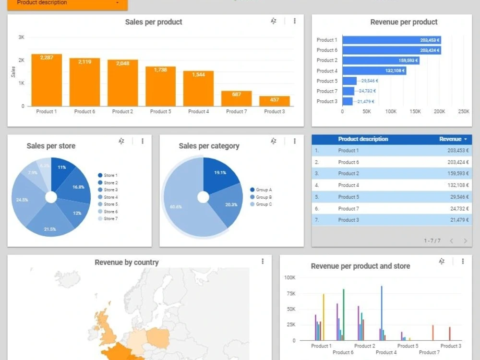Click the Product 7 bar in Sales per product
coord(236,98)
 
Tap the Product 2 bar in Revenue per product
coord(381,60)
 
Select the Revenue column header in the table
coord(450,139)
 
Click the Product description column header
coord(363,139)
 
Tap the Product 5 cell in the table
coord(348,197)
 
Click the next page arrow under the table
coord(465,241)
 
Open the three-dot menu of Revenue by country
coord(263,262)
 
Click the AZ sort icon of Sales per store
coord(121,141)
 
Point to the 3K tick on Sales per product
coord(21,37)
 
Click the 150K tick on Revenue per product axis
coord(415,111)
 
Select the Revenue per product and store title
coord(360,266)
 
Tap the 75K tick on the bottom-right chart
coord(290,293)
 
